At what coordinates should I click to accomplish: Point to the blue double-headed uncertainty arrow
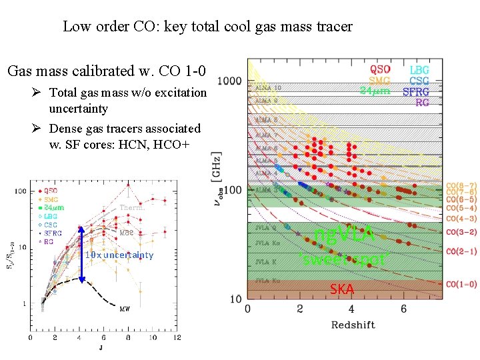click(x=81, y=255)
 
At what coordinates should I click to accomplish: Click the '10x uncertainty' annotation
click(x=119, y=255)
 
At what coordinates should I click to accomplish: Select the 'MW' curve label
click(x=125, y=308)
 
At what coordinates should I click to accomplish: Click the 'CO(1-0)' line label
click(x=461, y=284)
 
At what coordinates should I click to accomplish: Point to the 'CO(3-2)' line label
click(x=461, y=232)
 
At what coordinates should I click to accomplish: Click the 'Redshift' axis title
click(x=353, y=325)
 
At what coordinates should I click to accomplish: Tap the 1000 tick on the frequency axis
click(x=229, y=81)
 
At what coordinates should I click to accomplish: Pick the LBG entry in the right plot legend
click(x=419, y=69)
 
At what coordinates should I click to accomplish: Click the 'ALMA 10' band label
click(x=268, y=87)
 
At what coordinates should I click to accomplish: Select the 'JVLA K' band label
click(x=265, y=271)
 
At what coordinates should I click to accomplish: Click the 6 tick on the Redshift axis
click(x=403, y=309)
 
